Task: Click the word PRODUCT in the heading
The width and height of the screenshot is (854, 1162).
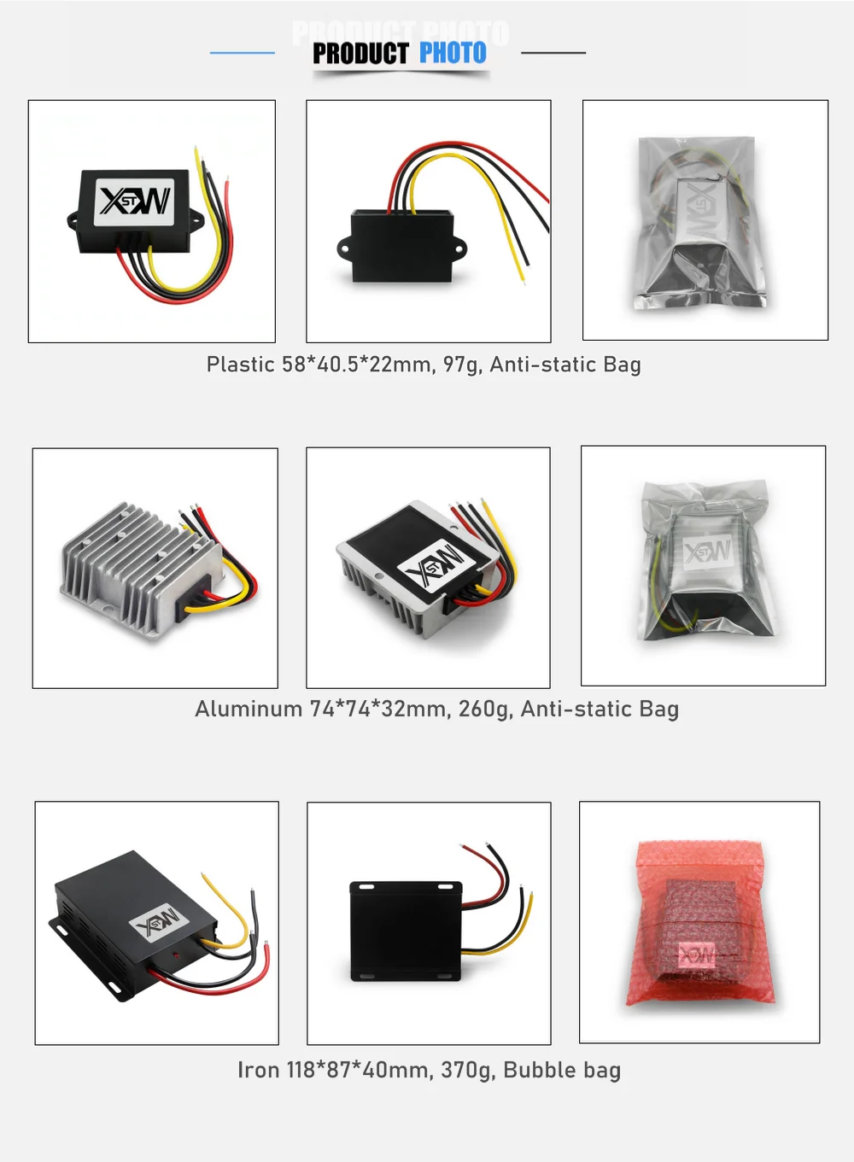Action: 360,53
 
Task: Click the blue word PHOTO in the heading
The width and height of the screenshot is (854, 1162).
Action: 453,52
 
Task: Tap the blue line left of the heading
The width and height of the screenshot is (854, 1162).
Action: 243,52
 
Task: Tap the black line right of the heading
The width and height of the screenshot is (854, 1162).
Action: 553,52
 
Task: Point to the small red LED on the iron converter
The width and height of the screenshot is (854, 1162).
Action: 177,955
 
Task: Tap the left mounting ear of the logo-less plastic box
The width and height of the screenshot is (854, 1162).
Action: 344,248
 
